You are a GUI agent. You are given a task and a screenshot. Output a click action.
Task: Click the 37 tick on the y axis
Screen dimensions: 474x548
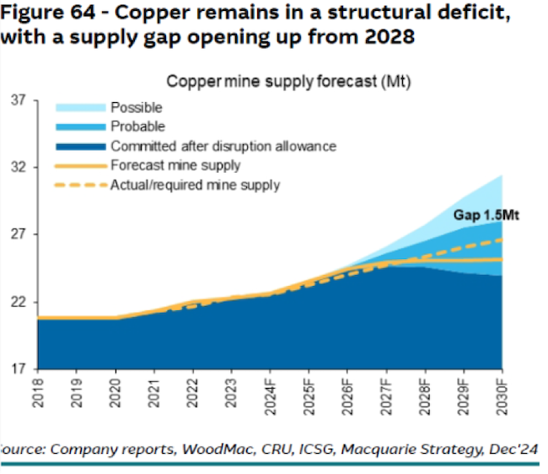(19, 101)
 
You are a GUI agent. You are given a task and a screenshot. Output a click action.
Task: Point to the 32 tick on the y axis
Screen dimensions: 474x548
(19, 168)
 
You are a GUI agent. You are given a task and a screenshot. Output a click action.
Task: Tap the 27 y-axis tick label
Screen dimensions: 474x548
(19, 234)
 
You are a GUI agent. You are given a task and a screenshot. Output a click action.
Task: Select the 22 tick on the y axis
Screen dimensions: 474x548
(19, 302)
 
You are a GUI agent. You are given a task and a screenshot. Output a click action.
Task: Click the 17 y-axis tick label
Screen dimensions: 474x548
(19, 369)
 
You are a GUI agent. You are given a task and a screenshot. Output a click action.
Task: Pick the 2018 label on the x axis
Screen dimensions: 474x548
(39, 393)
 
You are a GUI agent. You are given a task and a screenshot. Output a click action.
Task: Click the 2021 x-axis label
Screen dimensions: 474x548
(154, 393)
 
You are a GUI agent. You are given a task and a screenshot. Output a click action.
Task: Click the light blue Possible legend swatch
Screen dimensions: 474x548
(81, 108)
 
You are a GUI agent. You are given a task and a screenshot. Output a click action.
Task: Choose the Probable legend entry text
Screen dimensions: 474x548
(137, 127)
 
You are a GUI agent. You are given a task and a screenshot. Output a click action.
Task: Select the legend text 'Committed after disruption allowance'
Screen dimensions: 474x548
(223, 146)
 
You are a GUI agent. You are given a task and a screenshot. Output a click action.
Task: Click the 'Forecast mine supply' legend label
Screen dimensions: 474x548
(175, 165)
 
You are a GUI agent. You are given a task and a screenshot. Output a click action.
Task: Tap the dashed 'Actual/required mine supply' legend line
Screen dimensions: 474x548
(81, 185)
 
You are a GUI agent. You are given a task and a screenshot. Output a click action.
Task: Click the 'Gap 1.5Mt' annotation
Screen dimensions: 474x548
(486, 216)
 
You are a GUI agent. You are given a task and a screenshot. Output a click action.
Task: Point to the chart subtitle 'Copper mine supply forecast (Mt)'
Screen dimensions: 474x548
(288, 82)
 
